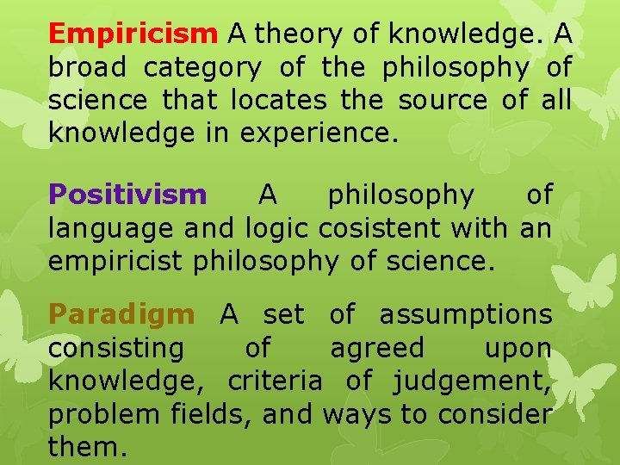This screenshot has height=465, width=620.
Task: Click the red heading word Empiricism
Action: click(x=133, y=34)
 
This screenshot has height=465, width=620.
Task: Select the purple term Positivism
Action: click(x=127, y=195)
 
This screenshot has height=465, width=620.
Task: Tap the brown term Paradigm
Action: click(x=121, y=315)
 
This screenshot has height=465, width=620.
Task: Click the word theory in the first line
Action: click(x=295, y=34)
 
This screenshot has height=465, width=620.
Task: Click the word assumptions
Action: click(x=466, y=315)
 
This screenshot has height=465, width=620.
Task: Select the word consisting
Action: click(x=116, y=349)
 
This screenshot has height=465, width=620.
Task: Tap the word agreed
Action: click(x=378, y=349)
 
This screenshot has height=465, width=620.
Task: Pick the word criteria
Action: click(x=276, y=381)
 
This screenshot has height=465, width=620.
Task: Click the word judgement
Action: click(x=473, y=381)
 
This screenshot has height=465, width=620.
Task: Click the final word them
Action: click(x=86, y=448)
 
